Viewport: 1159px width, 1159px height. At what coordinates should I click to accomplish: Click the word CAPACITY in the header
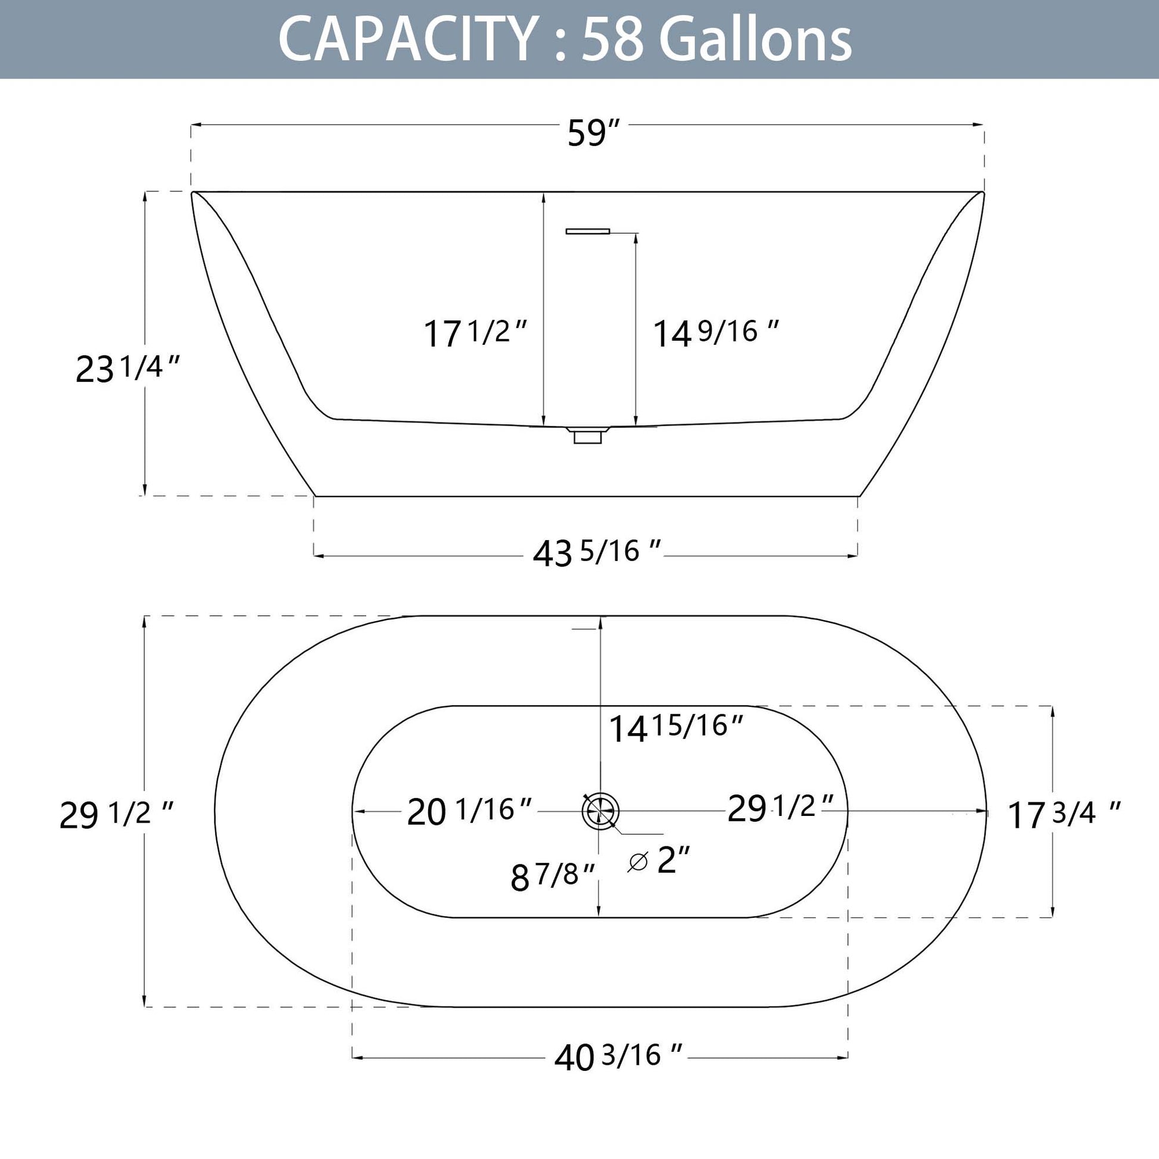tap(407, 39)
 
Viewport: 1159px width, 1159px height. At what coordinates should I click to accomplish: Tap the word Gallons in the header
tap(755, 39)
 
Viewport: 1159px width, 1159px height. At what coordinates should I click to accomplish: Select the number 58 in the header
tap(613, 39)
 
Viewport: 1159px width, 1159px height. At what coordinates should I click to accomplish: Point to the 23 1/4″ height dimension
tap(128, 367)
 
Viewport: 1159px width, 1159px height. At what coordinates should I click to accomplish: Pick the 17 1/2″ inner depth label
tap(475, 333)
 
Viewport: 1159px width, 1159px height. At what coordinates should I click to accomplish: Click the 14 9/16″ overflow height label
tap(716, 333)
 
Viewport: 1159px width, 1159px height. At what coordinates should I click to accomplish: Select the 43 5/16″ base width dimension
tap(597, 552)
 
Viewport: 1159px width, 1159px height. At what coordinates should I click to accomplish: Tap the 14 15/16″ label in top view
tap(677, 728)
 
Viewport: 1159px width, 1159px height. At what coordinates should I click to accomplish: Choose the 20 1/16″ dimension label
tap(470, 812)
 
